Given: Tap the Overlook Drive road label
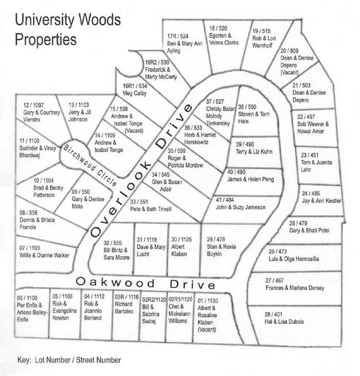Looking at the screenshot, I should click(x=142, y=170).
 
